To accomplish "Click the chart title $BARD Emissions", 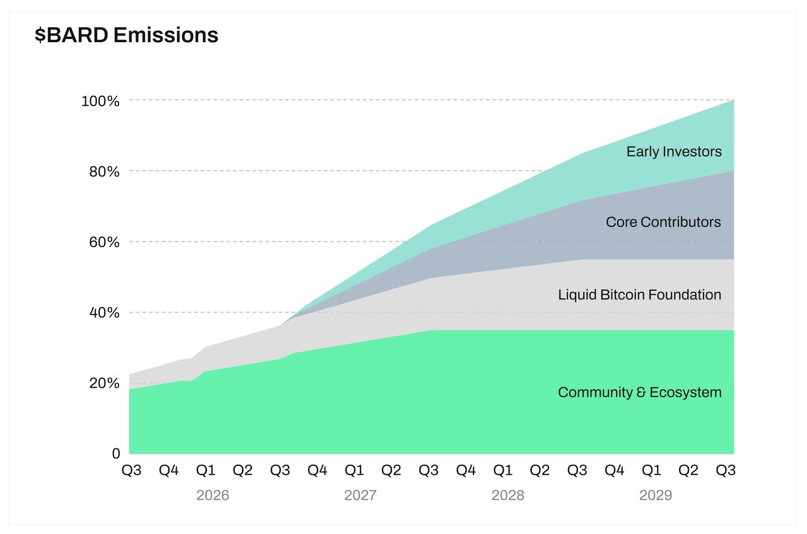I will [126, 35].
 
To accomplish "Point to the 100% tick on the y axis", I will [100, 101].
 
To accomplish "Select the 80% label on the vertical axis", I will [102, 171].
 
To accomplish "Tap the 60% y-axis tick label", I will [102, 242].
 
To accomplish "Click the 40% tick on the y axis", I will [102, 313].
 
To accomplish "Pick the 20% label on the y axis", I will [102, 383].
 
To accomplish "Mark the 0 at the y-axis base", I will [115, 454].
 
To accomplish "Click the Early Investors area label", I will [673, 152].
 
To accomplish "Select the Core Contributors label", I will [663, 223].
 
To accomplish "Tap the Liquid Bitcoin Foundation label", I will [639, 294].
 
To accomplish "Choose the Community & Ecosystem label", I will [639, 393].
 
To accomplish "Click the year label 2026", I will [212, 496].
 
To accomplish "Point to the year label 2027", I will [360, 496].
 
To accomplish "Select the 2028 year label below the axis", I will [508, 496].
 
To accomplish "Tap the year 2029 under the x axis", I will [656, 496].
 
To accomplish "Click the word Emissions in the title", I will [166, 35].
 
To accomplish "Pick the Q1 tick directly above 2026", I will [206, 470].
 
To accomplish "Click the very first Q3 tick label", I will [131, 470].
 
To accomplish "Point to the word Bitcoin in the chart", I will [625, 294].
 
